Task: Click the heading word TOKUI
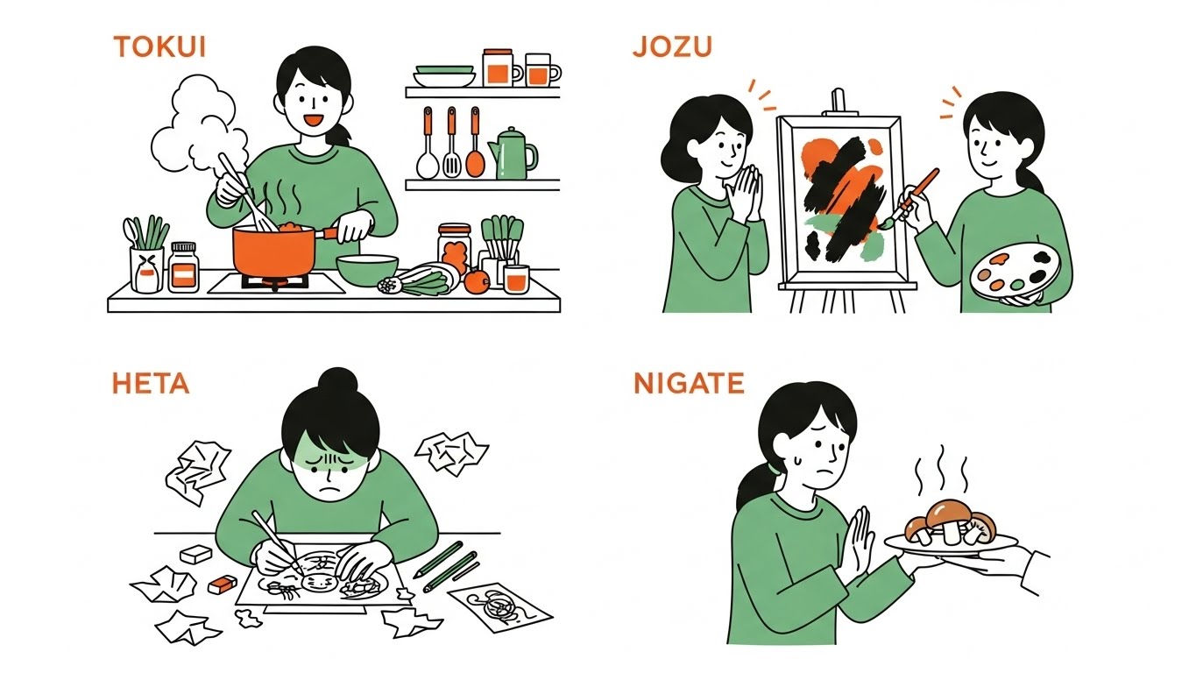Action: click(x=159, y=47)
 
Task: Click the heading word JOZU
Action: click(x=672, y=47)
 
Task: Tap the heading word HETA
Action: click(x=150, y=383)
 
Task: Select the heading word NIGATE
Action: click(x=689, y=383)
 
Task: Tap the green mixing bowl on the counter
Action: click(x=367, y=270)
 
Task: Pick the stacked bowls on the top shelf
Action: click(x=444, y=75)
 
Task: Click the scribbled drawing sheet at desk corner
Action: click(x=499, y=606)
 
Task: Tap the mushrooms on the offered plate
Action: click(x=951, y=521)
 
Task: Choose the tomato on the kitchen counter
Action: click(x=477, y=280)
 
